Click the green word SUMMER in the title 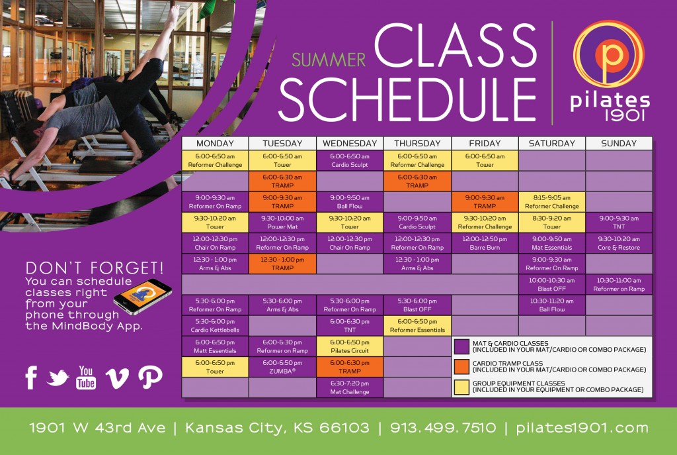[x=329, y=60]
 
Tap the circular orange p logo [x=608, y=54]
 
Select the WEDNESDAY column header [x=350, y=143]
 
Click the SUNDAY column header [x=619, y=143]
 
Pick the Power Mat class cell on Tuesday [x=282, y=223]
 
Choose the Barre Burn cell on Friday [x=485, y=243]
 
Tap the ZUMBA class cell [x=282, y=367]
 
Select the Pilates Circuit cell [x=350, y=346]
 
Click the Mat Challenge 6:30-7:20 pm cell [x=350, y=387]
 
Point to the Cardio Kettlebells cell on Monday [x=215, y=326]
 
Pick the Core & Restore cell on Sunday [x=619, y=243]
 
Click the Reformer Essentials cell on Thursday [x=417, y=326]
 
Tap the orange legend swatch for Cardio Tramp [x=461, y=367]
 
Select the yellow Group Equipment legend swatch [x=461, y=387]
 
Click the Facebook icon [x=31, y=378]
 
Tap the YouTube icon [x=86, y=378]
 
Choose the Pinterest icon [x=150, y=377]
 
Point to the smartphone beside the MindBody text [x=143, y=297]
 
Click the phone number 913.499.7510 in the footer [x=443, y=428]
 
